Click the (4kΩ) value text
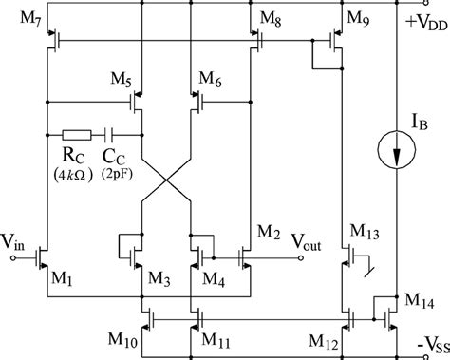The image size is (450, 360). [x=67, y=175]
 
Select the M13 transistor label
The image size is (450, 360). [x=365, y=231]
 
